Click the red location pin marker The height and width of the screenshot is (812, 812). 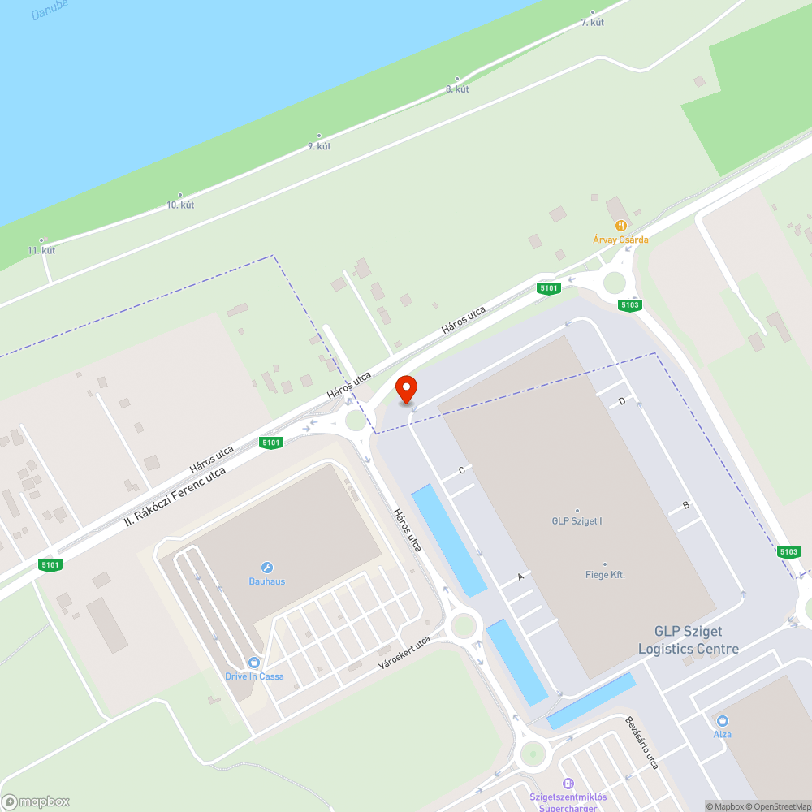coord(405,388)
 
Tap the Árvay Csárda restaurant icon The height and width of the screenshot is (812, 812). coord(621,225)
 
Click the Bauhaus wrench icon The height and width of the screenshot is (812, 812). coord(266,568)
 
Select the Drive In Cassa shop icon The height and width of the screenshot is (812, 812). coord(254,663)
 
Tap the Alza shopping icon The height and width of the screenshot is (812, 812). coord(722,720)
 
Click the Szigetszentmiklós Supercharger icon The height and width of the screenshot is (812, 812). coord(568,784)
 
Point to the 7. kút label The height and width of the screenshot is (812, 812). coord(593,22)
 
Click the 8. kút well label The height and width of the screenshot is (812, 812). coord(457,89)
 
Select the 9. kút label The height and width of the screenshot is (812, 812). coord(319,146)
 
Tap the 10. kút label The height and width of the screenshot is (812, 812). coord(180,205)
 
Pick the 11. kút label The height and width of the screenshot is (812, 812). coord(41,250)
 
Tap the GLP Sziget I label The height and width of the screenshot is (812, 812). coord(577,520)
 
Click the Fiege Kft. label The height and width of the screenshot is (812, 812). coord(605,575)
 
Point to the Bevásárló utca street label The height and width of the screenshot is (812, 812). coord(641,742)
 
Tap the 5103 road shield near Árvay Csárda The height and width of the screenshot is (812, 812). coord(630,305)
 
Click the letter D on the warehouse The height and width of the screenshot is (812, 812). coord(622,401)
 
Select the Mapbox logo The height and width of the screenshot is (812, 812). coord(36,801)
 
